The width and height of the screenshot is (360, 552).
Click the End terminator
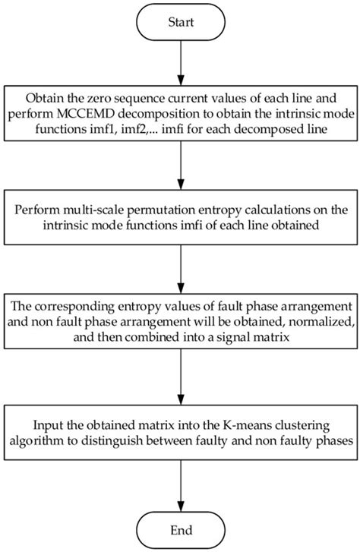[179, 528]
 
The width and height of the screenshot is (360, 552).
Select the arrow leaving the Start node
[179, 68]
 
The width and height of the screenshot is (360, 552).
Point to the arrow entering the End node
[179, 485]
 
